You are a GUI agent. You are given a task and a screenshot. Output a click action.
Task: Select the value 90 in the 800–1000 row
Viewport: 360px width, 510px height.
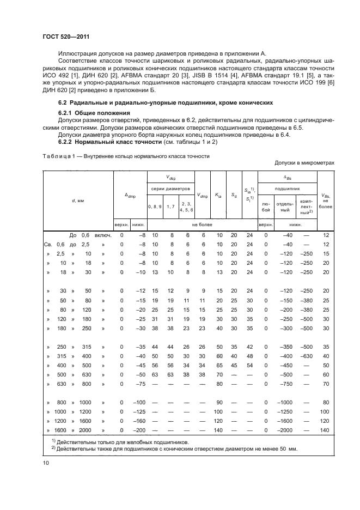(x=218, y=402)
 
